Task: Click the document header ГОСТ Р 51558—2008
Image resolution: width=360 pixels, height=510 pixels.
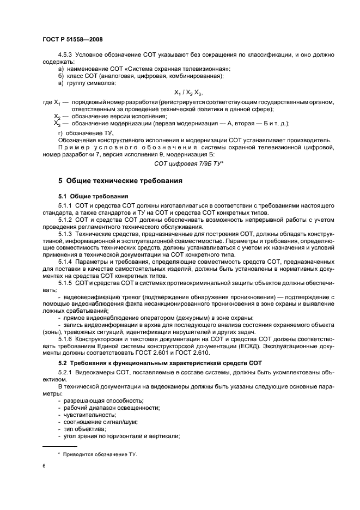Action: [x=72, y=39]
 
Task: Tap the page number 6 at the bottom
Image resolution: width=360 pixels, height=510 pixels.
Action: [x=44, y=467]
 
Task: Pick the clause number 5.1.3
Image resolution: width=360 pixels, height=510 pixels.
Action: [x=65, y=233]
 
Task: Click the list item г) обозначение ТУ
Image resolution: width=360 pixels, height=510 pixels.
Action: [x=84, y=133]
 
